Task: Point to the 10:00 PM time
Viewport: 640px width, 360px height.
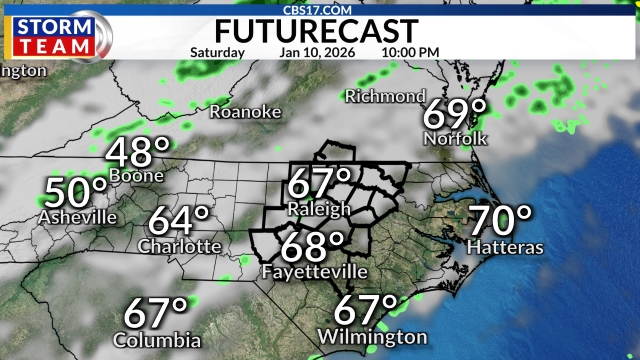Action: (410, 52)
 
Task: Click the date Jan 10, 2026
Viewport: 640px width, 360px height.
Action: (314, 52)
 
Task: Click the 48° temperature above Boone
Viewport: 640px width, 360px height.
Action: (139, 153)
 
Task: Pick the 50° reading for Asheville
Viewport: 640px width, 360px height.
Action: (76, 193)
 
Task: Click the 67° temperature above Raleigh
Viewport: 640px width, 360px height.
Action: (319, 184)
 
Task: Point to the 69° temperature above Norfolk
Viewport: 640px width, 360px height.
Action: (455, 114)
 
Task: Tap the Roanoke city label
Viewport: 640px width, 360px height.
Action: (245, 112)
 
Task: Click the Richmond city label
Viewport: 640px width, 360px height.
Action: (385, 97)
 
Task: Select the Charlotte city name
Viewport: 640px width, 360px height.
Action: (180, 246)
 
